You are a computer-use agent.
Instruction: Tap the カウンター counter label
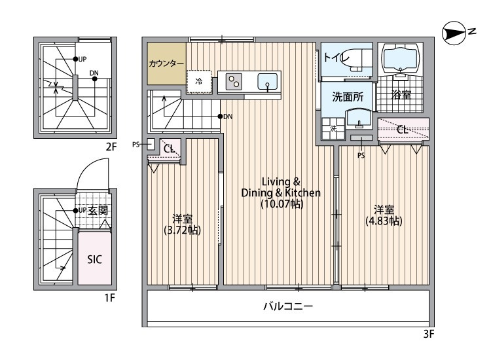click(166, 63)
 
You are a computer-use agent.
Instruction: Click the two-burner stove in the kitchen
click(234, 81)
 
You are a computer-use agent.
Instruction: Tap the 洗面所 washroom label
click(347, 97)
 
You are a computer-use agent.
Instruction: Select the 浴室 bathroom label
click(401, 96)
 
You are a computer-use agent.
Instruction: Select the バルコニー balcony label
click(287, 306)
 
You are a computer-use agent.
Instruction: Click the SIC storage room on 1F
click(94, 258)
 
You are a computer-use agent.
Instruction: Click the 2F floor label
click(111, 147)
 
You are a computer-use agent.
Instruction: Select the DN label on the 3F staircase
click(227, 117)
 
